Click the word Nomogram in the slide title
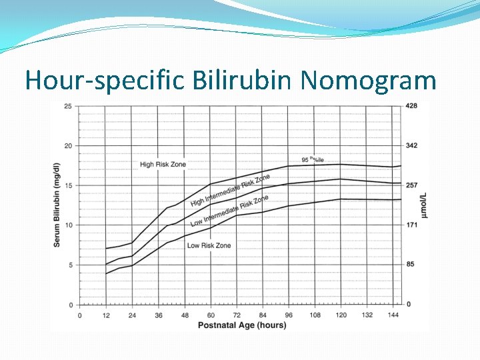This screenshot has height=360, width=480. (368, 81)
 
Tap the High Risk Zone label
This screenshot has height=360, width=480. (163, 164)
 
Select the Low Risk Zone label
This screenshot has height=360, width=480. (209, 245)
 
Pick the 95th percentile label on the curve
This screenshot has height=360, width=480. (313, 160)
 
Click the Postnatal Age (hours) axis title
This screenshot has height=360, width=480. (241, 325)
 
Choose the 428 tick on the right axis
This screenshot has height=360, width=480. (411, 106)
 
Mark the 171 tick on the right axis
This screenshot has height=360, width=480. (411, 225)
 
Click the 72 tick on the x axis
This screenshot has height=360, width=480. (236, 315)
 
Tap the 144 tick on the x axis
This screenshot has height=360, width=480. (393, 315)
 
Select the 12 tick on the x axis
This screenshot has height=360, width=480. (105, 315)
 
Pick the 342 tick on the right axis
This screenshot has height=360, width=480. (411, 146)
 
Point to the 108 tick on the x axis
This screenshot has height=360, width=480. (315, 315)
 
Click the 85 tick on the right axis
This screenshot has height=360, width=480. (410, 265)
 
